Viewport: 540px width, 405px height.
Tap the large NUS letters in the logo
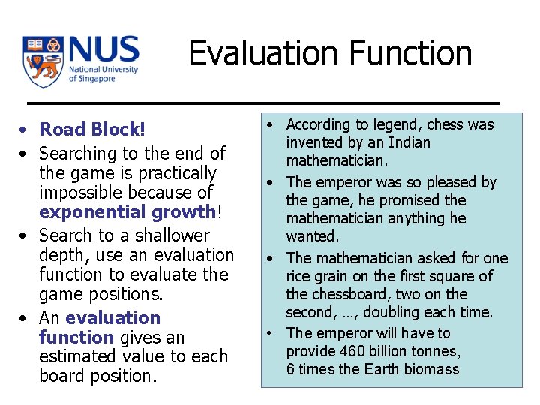pos(103,50)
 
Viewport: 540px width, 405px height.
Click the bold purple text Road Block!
pos(91,130)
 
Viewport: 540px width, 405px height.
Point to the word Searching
pos(77,154)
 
